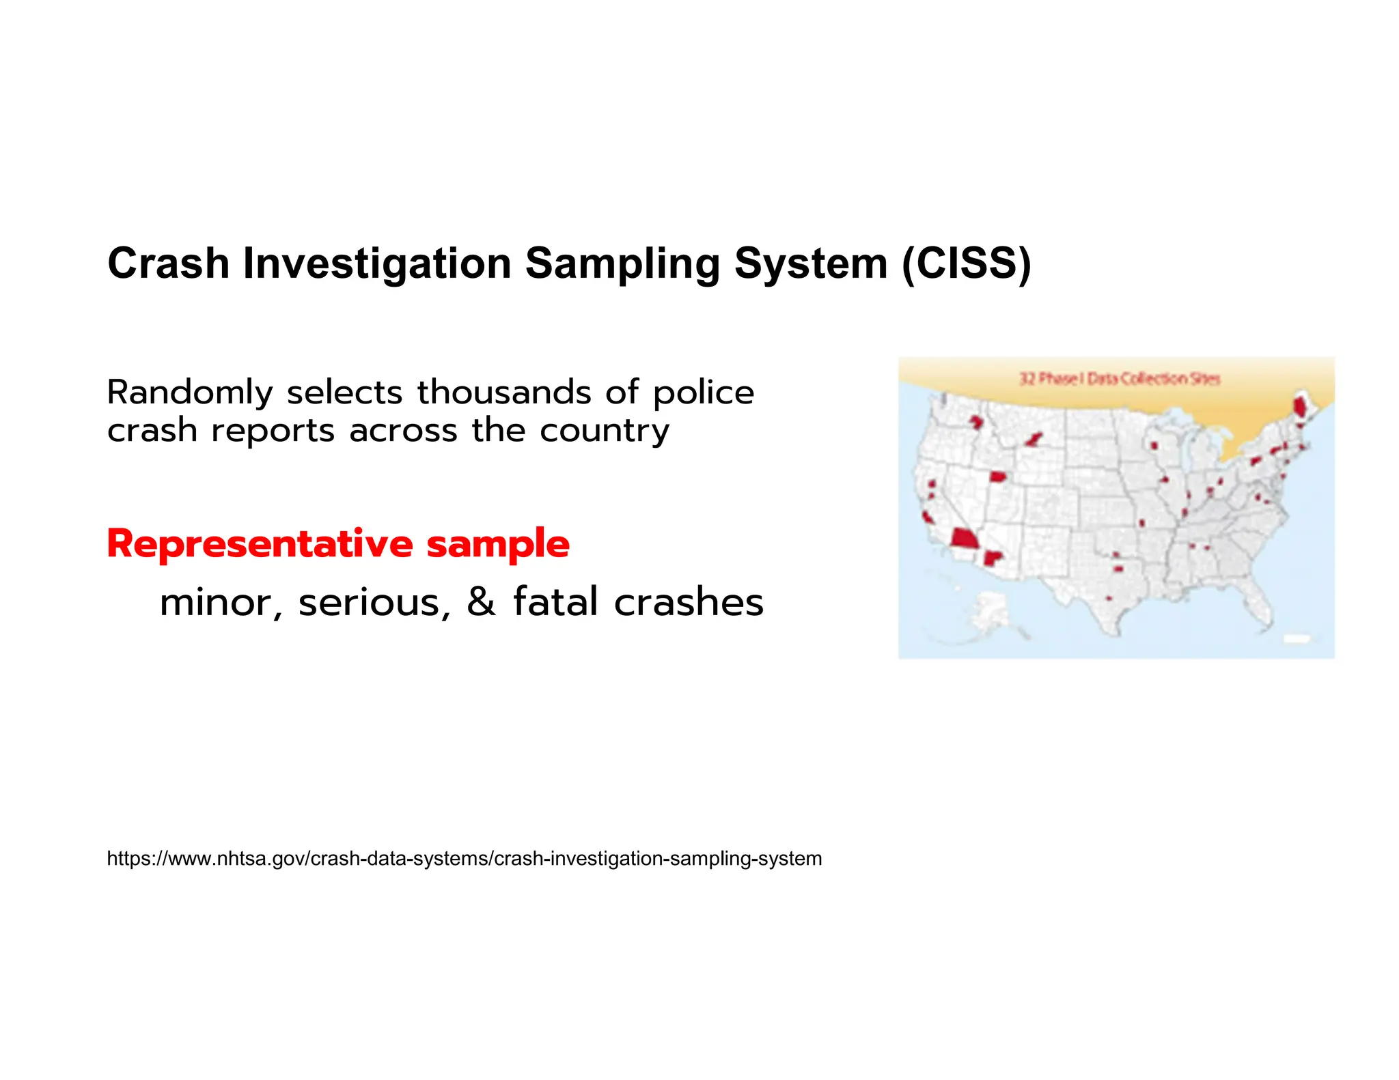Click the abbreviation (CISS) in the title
(966, 264)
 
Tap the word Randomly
(190, 393)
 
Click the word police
(704, 393)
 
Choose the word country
(605, 431)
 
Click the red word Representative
(260, 544)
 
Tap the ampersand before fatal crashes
(481, 602)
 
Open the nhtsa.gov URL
(464, 858)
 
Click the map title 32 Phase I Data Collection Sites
(1119, 378)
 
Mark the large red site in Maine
(1300, 408)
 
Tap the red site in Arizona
(992, 558)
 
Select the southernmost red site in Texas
(1109, 599)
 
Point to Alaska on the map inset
(990, 611)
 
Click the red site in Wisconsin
(1154, 446)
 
